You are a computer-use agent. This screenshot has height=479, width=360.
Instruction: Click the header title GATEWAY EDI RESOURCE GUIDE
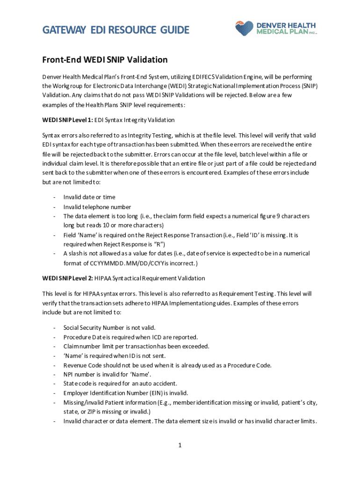(116, 30)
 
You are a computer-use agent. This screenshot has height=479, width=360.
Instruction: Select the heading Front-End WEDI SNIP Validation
(105, 60)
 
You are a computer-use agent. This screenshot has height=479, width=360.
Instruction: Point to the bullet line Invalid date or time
(89, 197)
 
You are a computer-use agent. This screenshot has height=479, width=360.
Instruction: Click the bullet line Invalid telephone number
(97, 207)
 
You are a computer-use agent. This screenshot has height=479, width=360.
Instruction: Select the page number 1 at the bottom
(180, 444)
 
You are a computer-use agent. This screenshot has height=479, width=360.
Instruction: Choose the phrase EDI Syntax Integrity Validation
(134, 120)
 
